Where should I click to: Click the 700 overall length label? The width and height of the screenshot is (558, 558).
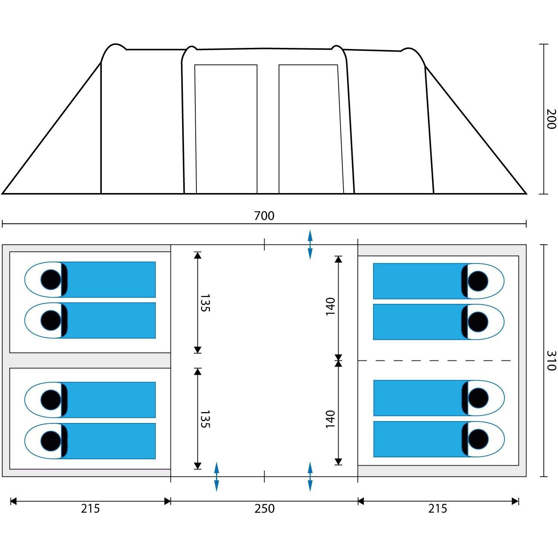[x=264, y=216]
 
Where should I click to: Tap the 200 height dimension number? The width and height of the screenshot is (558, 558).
[x=551, y=119]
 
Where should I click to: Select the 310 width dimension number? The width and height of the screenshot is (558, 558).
[x=551, y=360]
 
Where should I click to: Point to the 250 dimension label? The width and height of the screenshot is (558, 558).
[x=264, y=509]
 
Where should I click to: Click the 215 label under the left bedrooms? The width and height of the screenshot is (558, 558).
[x=90, y=509]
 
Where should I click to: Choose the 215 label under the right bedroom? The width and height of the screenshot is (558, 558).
[x=437, y=509]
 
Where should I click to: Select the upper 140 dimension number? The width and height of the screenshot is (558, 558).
[x=330, y=307]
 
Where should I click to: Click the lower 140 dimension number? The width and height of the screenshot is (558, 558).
[x=330, y=419]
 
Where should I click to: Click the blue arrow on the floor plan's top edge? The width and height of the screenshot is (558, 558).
[x=310, y=244]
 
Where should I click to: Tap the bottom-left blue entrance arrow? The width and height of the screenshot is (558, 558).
[x=216, y=477]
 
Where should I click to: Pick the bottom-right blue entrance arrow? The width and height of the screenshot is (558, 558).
[x=310, y=477]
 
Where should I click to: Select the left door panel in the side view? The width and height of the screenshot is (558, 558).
[x=226, y=129]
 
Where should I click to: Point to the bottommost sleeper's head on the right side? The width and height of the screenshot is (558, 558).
[x=478, y=439]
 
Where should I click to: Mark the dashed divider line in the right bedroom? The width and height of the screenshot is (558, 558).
[x=434, y=361]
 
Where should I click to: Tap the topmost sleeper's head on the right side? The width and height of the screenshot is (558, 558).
[x=478, y=281]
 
